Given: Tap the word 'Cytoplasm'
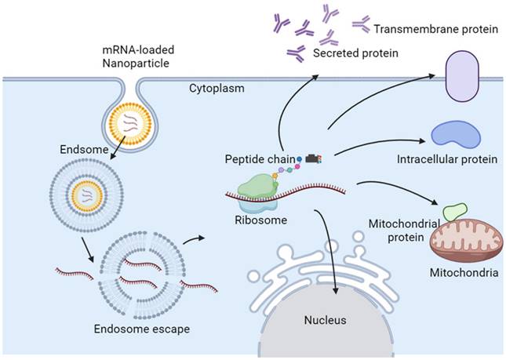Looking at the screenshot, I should click(217, 89).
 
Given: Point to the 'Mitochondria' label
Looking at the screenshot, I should click(464, 275).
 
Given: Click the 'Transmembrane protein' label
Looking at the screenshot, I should click(435, 29).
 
